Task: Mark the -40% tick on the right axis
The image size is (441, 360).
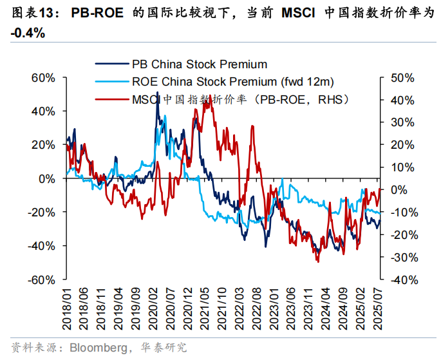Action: pyautogui.click(x=404, y=279)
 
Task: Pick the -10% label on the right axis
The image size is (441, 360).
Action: pyautogui.click(x=404, y=213)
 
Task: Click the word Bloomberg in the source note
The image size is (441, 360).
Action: pyautogui.click(x=95, y=347)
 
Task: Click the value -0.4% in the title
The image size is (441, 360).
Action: pyautogui.click(x=28, y=33)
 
